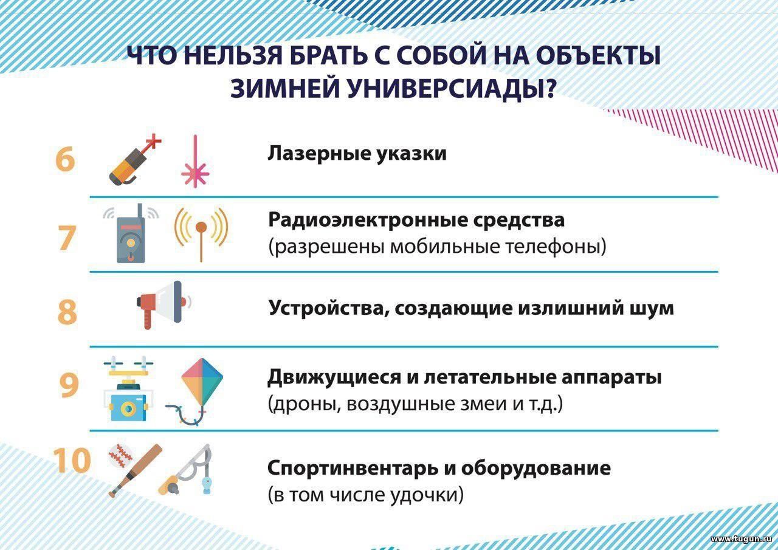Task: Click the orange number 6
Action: (x=65, y=159)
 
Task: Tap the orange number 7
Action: (x=67, y=238)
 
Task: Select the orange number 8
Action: (x=67, y=312)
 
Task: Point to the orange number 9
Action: (x=69, y=385)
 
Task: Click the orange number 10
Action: (x=72, y=460)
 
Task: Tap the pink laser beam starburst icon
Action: (x=195, y=162)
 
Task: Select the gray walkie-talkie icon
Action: (x=131, y=233)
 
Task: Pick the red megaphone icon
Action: (x=164, y=305)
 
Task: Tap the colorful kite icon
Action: (x=194, y=391)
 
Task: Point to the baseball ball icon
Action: (x=120, y=455)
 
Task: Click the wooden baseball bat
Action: (x=136, y=470)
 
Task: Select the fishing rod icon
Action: (x=185, y=469)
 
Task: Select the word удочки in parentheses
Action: (x=427, y=495)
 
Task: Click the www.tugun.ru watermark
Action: (x=741, y=539)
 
